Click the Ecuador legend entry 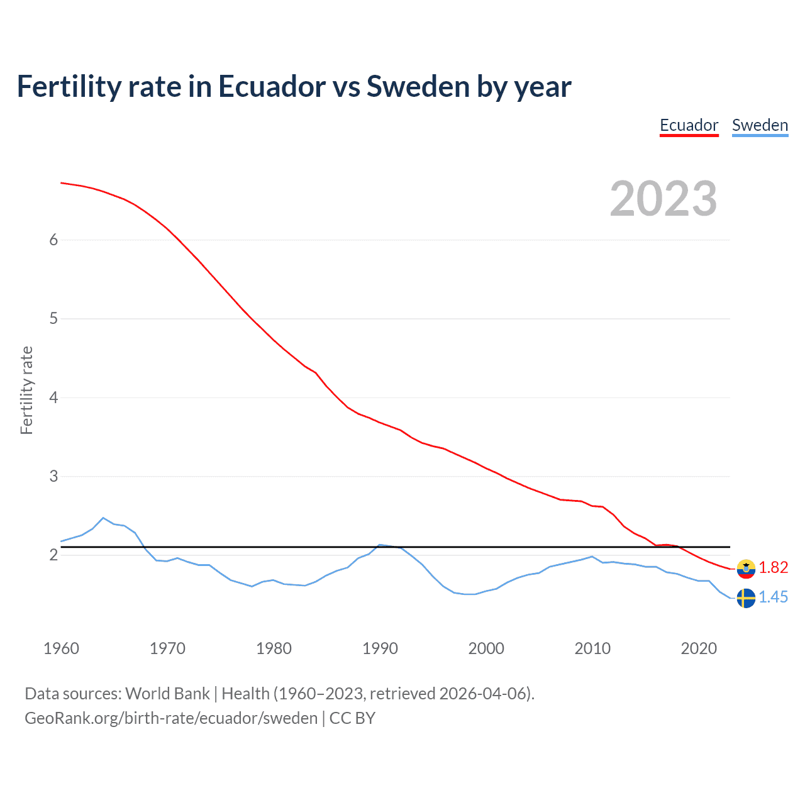pyautogui.click(x=689, y=125)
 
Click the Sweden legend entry pyautogui.click(x=760, y=125)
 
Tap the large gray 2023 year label pyautogui.click(x=663, y=199)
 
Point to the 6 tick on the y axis pyautogui.click(x=53, y=240)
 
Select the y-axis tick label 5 pyautogui.click(x=53, y=319)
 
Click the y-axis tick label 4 pyautogui.click(x=53, y=397)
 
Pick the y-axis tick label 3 pyautogui.click(x=53, y=476)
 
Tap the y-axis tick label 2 pyautogui.click(x=53, y=555)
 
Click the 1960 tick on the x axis pyautogui.click(x=61, y=648)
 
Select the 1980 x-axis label pyautogui.click(x=274, y=648)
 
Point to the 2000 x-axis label pyautogui.click(x=486, y=648)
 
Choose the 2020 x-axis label pyautogui.click(x=699, y=648)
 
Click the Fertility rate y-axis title pyautogui.click(x=26, y=390)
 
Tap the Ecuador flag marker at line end pyautogui.click(x=746, y=569)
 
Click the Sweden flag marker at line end pyautogui.click(x=746, y=598)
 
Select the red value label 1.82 pyautogui.click(x=773, y=567)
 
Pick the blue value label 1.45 pyautogui.click(x=773, y=597)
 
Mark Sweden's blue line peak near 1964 pyautogui.click(x=103, y=518)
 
